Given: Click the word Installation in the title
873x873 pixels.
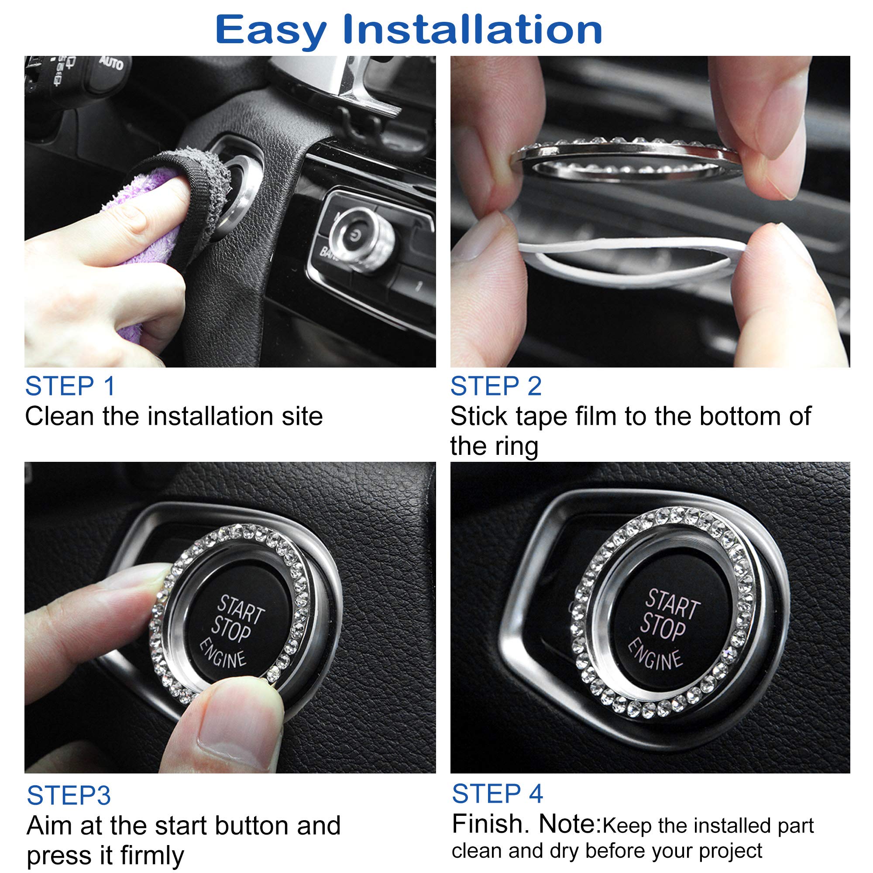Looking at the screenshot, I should (x=472, y=29).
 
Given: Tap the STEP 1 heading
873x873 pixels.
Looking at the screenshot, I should (x=70, y=386).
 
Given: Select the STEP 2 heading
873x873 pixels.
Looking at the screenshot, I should (x=496, y=386).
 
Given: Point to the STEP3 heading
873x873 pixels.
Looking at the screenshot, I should (x=69, y=795).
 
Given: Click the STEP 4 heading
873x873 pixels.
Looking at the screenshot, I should (x=497, y=794).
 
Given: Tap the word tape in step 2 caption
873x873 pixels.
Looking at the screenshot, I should (x=541, y=416).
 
